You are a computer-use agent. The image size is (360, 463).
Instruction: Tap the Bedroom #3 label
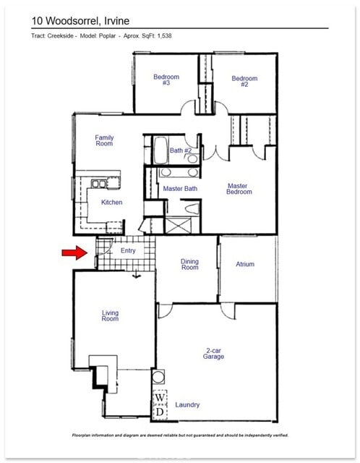166,80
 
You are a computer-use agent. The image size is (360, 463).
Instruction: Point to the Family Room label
104,140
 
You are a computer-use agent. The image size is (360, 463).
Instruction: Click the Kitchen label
111,203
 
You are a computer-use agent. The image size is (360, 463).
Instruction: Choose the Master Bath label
180,189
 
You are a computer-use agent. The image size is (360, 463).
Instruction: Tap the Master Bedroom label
240,189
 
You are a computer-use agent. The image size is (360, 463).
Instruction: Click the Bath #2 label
181,150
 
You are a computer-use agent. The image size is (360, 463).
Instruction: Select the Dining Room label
189,264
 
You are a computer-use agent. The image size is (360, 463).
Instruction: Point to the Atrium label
245,264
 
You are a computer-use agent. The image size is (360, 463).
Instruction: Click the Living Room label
110,316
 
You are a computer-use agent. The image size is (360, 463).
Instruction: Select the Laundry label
187,405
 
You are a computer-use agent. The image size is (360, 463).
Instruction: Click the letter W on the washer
160,398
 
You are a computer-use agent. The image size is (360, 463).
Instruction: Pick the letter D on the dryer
160,412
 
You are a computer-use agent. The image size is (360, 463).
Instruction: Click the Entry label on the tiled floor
128,250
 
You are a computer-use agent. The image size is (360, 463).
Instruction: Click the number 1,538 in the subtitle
163,35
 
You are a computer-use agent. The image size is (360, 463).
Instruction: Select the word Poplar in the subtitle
109,35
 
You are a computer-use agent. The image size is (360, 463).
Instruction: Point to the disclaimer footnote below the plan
180,436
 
